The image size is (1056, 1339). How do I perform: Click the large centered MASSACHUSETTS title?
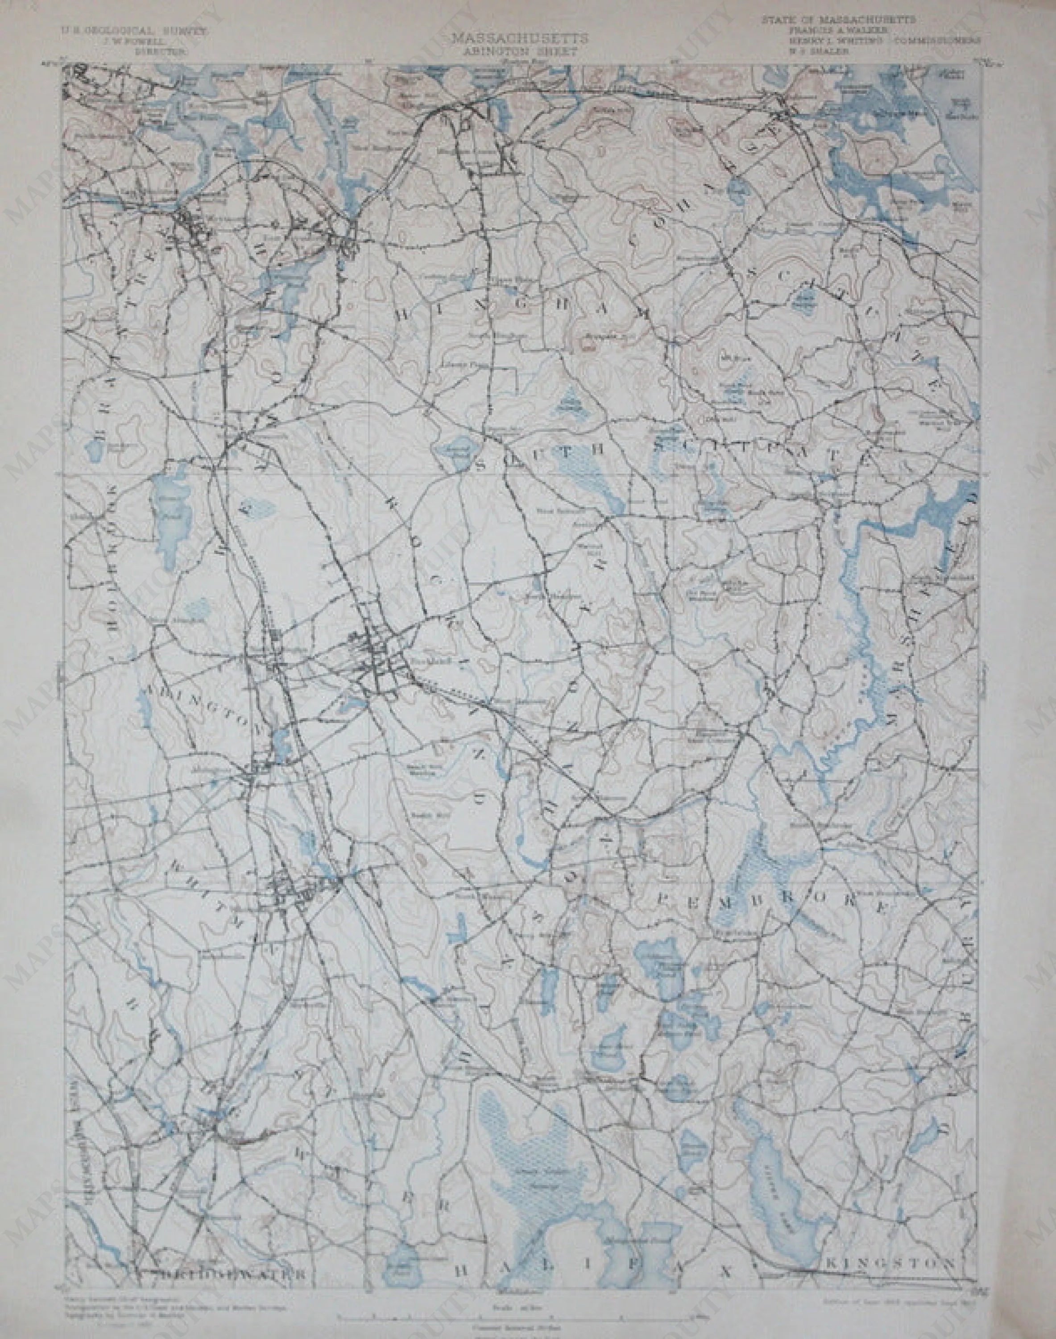[x=519, y=38]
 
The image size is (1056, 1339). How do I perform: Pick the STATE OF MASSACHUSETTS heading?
[x=838, y=20]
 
